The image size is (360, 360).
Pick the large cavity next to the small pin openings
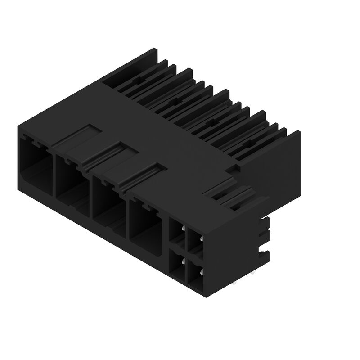click(x=145, y=221)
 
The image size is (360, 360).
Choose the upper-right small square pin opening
click(x=195, y=243)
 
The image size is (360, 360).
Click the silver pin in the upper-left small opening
click(x=183, y=229)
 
